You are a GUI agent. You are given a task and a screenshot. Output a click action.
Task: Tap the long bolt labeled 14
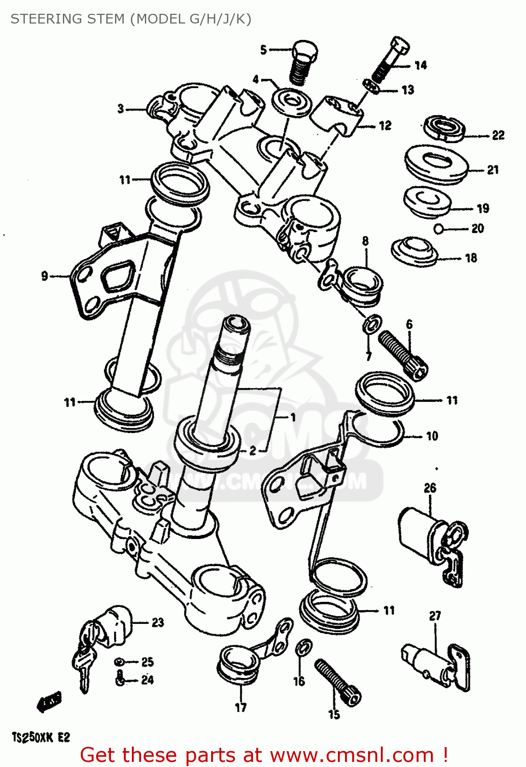point(391,59)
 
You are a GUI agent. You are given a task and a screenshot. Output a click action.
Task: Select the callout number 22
point(498,136)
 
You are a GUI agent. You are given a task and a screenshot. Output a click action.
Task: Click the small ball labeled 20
point(438,229)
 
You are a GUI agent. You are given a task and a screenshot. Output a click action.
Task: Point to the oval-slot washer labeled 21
point(436,163)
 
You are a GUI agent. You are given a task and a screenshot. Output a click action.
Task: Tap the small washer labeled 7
point(372,323)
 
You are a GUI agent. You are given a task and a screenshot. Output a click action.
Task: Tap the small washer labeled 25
point(120,662)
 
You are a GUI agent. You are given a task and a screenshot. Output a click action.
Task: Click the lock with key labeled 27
point(434,665)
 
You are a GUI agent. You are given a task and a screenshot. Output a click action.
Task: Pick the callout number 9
point(44,276)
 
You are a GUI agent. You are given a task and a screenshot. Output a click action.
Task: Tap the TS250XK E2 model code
point(40,737)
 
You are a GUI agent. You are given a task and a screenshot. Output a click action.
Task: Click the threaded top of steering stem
point(228,353)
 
